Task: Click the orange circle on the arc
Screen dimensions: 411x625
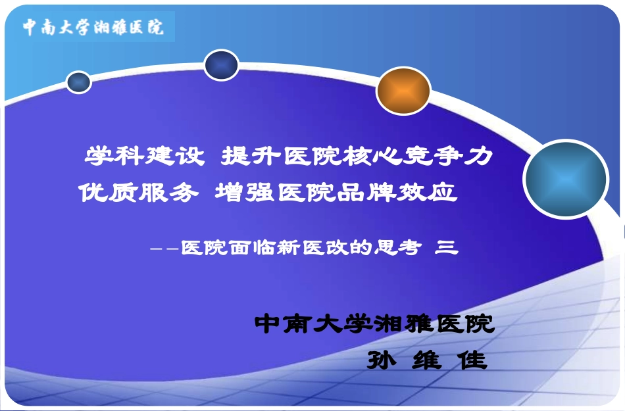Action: coord(403,91)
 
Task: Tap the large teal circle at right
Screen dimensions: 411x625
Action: coord(566,179)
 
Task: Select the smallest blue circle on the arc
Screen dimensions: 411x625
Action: coord(79,82)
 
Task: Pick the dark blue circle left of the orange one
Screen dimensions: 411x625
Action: coord(221,65)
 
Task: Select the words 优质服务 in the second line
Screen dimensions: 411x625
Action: coord(138,193)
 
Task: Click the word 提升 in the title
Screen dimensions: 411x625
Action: coord(251,157)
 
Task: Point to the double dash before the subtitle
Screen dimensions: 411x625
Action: coord(165,249)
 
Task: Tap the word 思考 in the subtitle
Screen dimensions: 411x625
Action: coord(396,248)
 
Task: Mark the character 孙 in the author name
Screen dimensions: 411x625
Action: coord(382,360)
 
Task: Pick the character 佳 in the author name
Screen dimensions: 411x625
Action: coord(473,360)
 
